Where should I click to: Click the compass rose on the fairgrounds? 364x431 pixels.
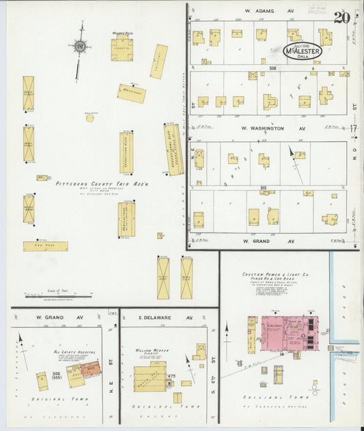(80, 47)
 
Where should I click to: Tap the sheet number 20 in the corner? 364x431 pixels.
(343, 17)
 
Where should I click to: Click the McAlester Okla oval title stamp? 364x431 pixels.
(303, 50)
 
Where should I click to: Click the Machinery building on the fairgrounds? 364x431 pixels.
(131, 93)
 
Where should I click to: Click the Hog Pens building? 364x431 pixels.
(45, 247)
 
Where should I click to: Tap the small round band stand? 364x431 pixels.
(89, 117)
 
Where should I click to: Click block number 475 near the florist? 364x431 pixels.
(171, 376)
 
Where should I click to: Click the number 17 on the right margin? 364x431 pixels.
(354, 128)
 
